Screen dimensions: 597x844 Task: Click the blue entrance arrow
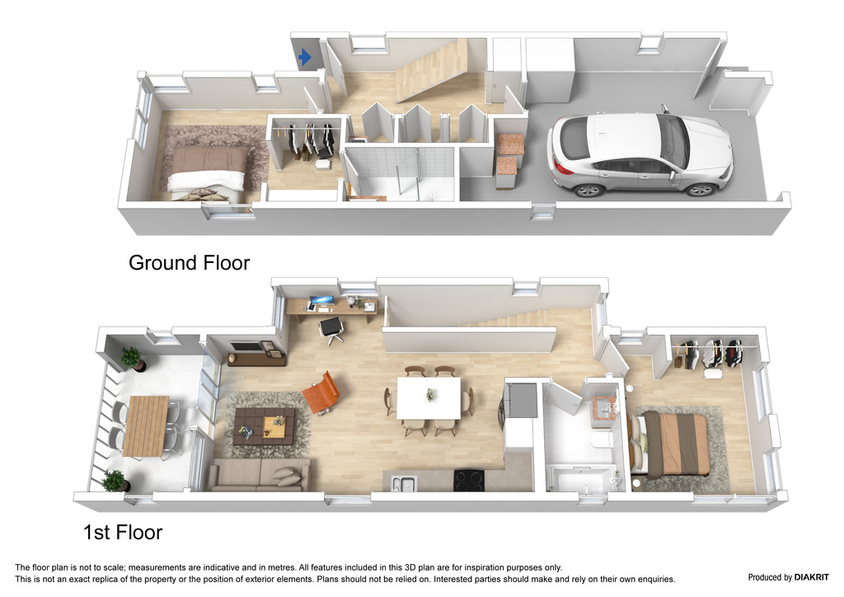coord(305,57)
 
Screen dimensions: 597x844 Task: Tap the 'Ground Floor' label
coord(189,263)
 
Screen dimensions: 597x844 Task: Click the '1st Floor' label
coord(123,533)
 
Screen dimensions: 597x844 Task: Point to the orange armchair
coord(321,393)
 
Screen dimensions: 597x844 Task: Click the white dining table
coord(429,397)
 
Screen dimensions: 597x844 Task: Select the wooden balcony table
coord(146,425)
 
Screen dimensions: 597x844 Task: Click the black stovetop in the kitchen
coord(469,479)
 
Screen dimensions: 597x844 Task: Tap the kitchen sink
coord(405,483)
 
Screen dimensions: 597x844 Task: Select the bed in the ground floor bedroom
coord(208,172)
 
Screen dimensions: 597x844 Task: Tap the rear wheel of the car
coord(588,189)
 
